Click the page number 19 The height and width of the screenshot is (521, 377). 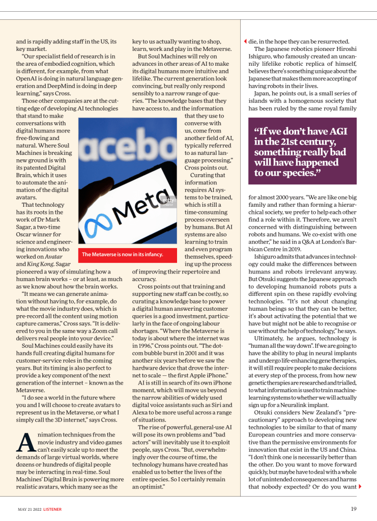coord(354,509)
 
